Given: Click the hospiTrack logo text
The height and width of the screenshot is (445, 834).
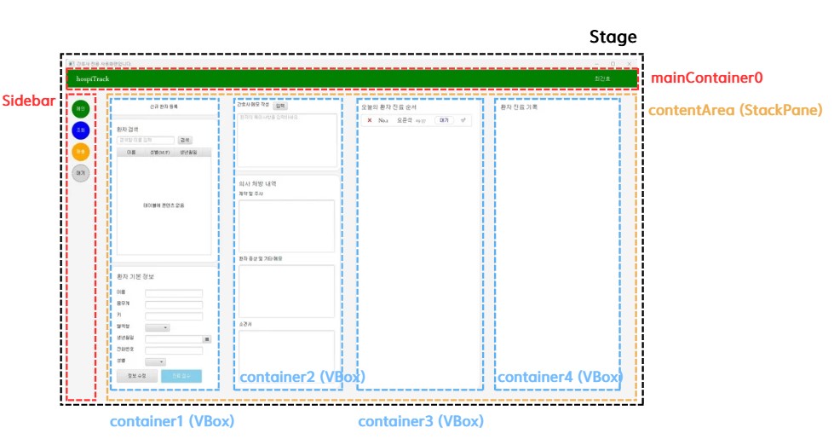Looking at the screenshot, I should point(92,79).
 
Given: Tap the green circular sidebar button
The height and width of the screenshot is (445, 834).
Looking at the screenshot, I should point(81,108).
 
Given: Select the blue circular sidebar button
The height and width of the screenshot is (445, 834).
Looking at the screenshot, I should point(81,130).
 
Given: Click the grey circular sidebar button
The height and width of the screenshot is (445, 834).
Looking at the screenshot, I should point(81,172).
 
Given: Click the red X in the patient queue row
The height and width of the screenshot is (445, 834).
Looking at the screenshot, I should point(370,120).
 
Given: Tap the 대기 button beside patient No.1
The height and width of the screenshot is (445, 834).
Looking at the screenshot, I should point(444,120).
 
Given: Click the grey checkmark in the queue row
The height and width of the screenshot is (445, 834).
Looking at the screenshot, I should point(463,120).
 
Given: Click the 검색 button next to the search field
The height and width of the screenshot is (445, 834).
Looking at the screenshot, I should point(185,140).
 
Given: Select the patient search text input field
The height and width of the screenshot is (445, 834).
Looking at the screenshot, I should point(146,140).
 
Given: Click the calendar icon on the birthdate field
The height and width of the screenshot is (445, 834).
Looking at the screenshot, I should point(206,338).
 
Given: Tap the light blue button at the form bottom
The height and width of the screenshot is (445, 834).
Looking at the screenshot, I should point(181,375).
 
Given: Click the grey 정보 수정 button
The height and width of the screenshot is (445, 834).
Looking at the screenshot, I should point(136,375).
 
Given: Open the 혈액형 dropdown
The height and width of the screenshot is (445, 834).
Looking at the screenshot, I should point(158,327).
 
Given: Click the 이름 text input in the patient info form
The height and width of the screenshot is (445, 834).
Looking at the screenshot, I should point(174,293).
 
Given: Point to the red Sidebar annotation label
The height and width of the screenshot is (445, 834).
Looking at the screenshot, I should point(22,100).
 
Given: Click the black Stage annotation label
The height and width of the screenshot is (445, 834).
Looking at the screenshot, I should point(613,38).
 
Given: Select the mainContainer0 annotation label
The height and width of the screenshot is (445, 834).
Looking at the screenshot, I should point(706,78).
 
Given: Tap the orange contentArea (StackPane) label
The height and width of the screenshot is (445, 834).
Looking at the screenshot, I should point(735,110).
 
